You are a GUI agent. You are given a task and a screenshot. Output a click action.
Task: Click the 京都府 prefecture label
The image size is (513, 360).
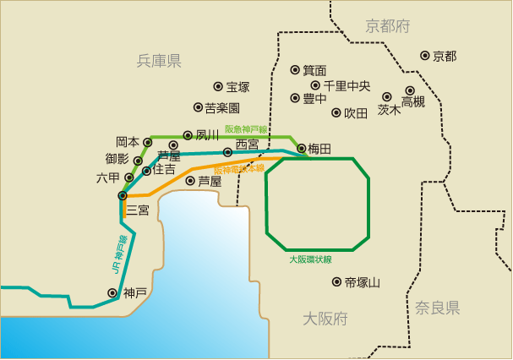(x=388, y=27)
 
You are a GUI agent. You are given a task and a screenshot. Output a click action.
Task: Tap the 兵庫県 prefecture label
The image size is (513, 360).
(x=159, y=61)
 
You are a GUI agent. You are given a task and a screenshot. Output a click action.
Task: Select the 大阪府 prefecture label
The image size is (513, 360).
(x=325, y=319)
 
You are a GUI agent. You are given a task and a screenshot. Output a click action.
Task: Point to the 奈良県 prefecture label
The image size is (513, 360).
(x=437, y=308)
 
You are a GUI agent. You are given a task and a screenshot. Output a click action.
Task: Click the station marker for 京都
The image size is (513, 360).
(x=424, y=56)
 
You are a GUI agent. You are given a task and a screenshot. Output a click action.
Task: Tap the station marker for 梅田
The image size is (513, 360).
(x=302, y=149)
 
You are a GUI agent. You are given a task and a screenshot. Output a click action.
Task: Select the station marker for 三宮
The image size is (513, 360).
(x=123, y=196)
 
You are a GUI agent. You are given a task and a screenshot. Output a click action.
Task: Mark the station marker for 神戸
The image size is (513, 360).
(x=112, y=292)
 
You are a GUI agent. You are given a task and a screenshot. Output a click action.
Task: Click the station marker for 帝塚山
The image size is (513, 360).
(x=337, y=282)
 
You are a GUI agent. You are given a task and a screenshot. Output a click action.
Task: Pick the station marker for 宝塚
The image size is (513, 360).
(x=218, y=86)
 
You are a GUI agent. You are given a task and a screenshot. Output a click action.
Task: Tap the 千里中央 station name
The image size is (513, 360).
(x=347, y=85)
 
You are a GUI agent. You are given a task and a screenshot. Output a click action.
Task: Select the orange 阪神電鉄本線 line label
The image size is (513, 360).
(x=238, y=170)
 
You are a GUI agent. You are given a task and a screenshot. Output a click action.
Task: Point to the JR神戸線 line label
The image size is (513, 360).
(x=118, y=253)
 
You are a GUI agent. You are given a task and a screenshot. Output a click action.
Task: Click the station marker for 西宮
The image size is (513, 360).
(x=227, y=152)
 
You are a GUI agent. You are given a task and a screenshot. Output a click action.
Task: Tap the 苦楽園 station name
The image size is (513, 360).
(x=223, y=108)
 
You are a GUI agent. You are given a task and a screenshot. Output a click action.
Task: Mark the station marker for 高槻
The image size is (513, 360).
(x=410, y=90)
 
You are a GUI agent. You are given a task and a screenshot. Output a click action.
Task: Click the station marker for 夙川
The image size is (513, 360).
(x=188, y=134)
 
